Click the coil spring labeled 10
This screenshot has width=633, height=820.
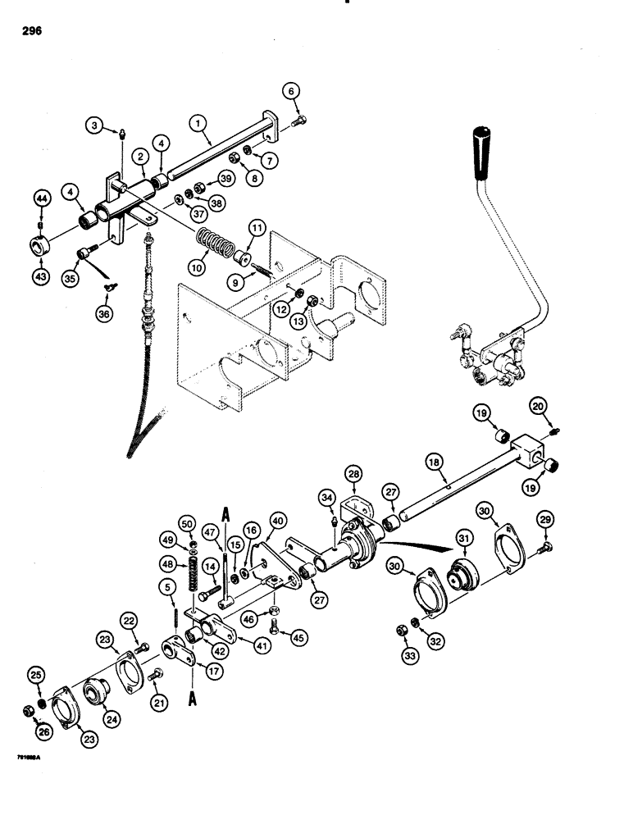(216, 244)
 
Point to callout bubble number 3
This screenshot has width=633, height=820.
(96, 125)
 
